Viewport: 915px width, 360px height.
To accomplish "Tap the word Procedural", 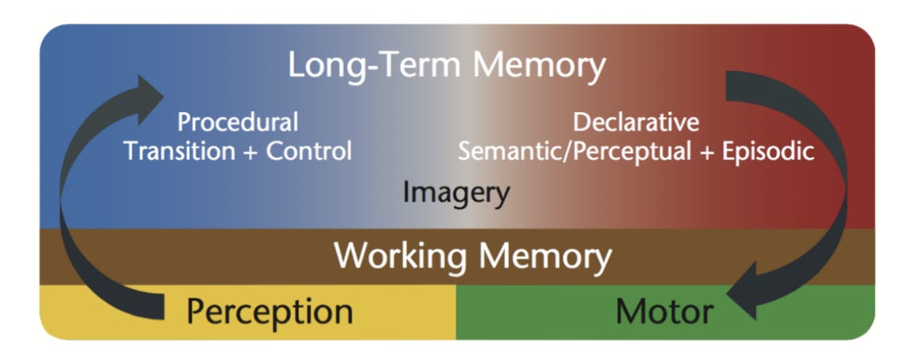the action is [238, 123].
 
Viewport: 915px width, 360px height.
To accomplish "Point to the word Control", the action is [309, 151].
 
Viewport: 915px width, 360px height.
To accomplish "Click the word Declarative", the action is [636, 123].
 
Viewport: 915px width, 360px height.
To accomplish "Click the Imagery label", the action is [456, 192].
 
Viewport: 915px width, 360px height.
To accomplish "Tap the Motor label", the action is [665, 311].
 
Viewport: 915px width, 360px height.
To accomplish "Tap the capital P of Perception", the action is [198, 311].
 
